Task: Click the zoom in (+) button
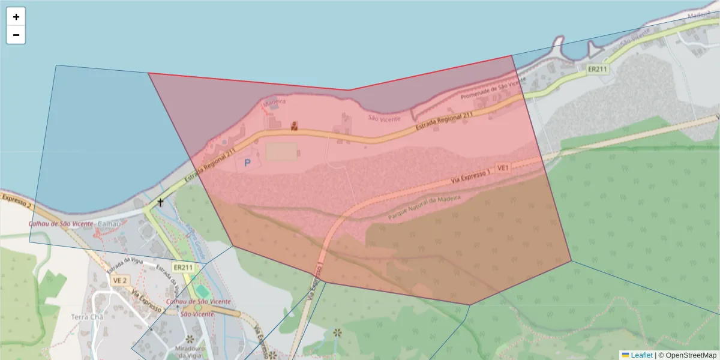point(16,17)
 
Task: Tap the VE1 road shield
point(503,168)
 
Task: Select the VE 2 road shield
point(120,280)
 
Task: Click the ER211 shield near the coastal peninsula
point(597,70)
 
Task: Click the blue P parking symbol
point(247,163)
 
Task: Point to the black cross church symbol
point(160,203)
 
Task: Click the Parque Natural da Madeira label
point(424,206)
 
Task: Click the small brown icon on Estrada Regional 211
point(294,126)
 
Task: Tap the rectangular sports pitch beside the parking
point(281,151)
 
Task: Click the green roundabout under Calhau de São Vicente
point(198,308)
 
